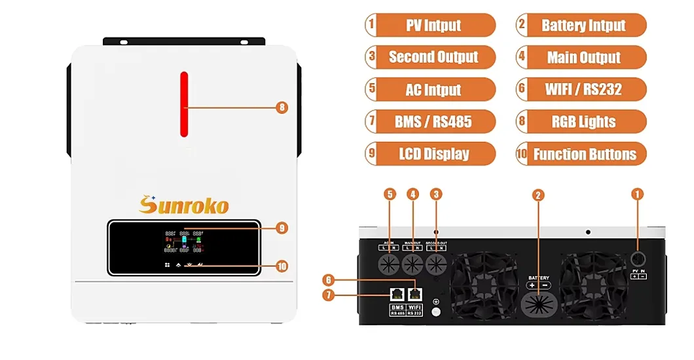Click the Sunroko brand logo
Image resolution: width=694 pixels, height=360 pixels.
point(184,205)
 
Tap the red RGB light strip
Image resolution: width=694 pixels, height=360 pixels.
point(184,104)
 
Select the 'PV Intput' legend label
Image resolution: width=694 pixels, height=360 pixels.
point(433,26)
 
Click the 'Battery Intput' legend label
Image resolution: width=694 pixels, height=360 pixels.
point(583,26)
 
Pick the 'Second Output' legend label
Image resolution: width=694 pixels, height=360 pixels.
point(433,57)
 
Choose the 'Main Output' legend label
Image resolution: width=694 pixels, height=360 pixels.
point(583,57)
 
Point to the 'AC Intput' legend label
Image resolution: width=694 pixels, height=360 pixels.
point(433,90)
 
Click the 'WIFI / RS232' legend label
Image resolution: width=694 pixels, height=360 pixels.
point(583,90)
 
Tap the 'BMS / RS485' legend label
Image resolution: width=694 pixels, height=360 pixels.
point(433,122)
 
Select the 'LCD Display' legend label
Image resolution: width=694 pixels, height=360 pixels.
point(433,154)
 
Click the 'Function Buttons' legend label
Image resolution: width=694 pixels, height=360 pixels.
point(583,154)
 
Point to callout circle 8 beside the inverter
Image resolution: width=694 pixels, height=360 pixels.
point(282,107)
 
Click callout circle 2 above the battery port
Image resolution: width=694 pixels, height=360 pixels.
point(538,195)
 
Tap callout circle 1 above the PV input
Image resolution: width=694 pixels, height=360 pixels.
point(638,194)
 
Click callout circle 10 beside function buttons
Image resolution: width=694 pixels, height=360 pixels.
point(282,266)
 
